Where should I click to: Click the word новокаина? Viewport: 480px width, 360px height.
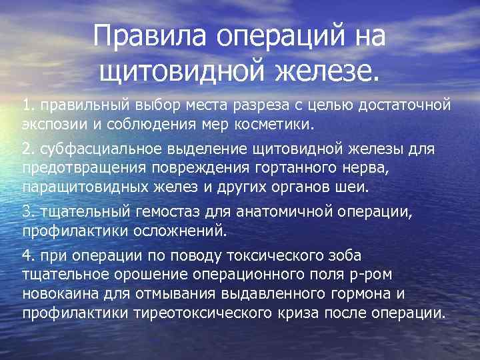click(x=57, y=293)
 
